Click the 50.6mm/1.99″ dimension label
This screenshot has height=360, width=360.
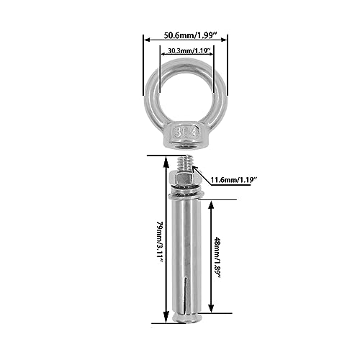click(x=191, y=35)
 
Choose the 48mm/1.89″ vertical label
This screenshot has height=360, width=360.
click(x=217, y=258)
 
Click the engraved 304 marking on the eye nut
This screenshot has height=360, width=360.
click(x=186, y=132)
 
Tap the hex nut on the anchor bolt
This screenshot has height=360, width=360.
click(x=183, y=179)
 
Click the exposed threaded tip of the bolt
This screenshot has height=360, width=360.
click(x=184, y=163)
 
